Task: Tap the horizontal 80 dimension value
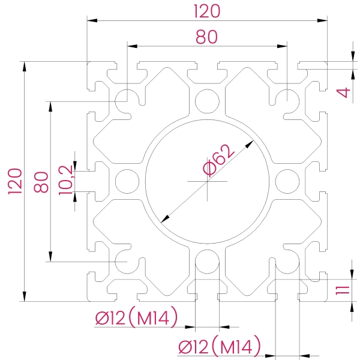[x=206, y=37]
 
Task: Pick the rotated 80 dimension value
[x=41, y=181]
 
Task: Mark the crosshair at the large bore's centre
[x=207, y=181]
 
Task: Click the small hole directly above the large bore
[x=207, y=100]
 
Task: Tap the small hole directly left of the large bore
[x=127, y=181]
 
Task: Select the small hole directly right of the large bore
[x=288, y=181]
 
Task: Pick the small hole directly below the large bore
[x=207, y=262]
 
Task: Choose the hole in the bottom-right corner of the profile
[x=288, y=262]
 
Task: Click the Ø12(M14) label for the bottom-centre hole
[x=136, y=318]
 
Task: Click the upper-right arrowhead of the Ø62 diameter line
[x=251, y=143]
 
